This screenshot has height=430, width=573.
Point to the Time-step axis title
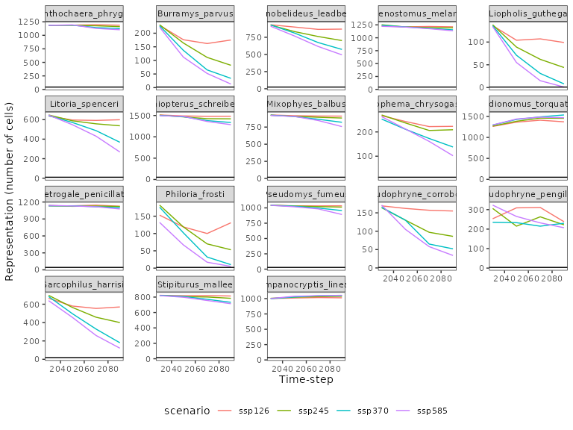pos(305,380)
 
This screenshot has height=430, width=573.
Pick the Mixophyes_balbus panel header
pos(306,104)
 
